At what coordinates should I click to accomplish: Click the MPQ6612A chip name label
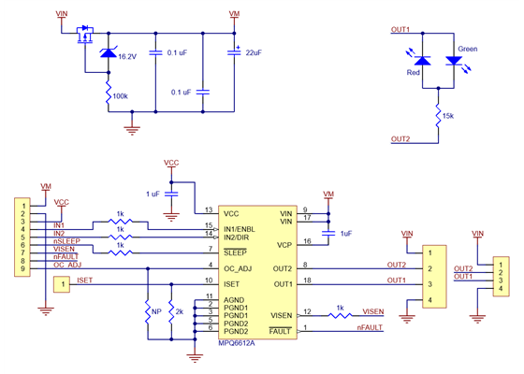[236, 343]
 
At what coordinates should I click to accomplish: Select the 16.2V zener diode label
[127, 57]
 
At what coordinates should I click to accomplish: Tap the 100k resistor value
[120, 96]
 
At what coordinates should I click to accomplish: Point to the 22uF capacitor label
[253, 53]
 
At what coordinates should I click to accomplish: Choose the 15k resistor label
[448, 116]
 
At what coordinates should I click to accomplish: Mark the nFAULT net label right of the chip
[370, 328]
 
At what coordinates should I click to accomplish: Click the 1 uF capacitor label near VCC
[153, 194]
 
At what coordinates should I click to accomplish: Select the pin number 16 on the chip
[306, 241]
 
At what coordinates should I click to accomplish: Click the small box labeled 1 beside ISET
[61, 282]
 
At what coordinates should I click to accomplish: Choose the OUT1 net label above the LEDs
[400, 30]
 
